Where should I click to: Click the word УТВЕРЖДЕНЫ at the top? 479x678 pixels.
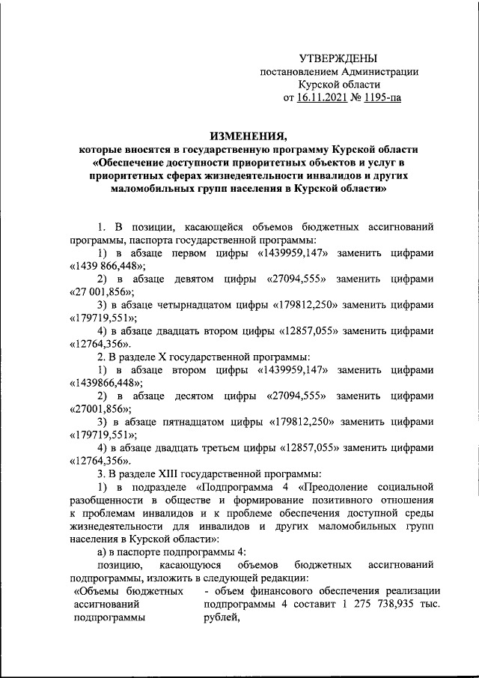[338, 58]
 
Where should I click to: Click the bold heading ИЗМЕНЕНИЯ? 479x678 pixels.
[248, 136]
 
